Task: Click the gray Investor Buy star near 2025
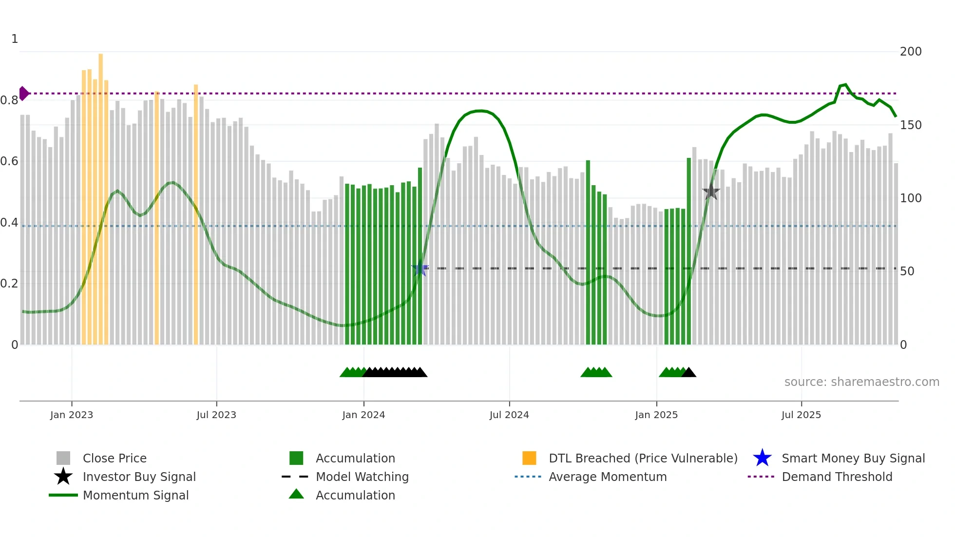coord(711,192)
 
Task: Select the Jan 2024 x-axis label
coord(363,415)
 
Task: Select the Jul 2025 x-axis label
coord(801,415)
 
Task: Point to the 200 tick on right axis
coord(911,52)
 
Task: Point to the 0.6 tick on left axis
coord(9,161)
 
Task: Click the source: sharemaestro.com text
coord(861,382)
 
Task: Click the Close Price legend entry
coord(115,458)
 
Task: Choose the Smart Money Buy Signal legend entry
coord(853,458)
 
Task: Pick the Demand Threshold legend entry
coord(837,477)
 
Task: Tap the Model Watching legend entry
coord(362,477)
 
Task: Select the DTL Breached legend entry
coord(643,458)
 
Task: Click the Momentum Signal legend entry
coord(135,495)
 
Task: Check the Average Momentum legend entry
coord(607,477)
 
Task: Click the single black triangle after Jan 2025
coord(688,373)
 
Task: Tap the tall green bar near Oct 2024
coord(588,244)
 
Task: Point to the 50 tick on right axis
coord(907,271)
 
